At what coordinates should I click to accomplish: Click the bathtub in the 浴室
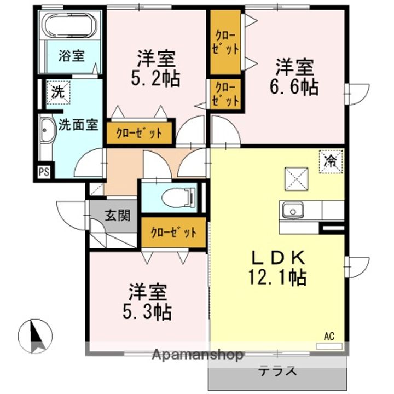[x=71, y=25]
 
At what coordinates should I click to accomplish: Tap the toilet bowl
[x=179, y=198]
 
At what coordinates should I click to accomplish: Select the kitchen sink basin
[x=293, y=211]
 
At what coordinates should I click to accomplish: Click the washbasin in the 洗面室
[x=48, y=131]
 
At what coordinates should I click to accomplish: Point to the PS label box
[x=44, y=172]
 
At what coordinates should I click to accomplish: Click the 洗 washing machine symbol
[x=59, y=92]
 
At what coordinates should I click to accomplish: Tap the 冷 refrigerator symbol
[x=331, y=161]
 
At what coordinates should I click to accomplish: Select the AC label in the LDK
[x=329, y=336]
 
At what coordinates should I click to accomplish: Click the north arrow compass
[x=35, y=336]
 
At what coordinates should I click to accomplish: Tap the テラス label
[x=277, y=371]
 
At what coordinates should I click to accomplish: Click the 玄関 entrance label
[x=117, y=216]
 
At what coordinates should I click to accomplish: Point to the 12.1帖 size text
[x=277, y=277]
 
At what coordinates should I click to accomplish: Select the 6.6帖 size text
[x=294, y=87]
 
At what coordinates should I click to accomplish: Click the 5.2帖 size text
[x=155, y=78]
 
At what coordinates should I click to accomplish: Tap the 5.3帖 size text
[x=147, y=312]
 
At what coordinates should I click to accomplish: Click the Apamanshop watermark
[x=198, y=355]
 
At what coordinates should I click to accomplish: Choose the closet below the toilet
[x=173, y=232]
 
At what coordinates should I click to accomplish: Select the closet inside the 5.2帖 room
[x=140, y=133]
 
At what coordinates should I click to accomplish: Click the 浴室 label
[x=71, y=56]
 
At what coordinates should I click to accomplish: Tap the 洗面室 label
[x=78, y=124]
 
